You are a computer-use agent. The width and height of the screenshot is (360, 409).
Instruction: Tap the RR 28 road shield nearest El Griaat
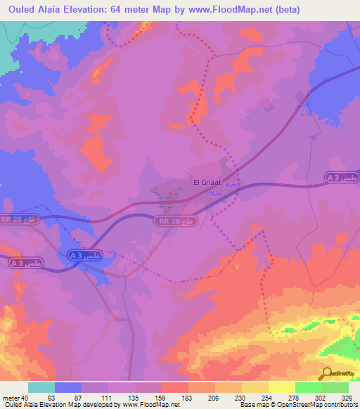point(174,221)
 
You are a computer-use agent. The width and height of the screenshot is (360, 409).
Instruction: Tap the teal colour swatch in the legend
point(41,387)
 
